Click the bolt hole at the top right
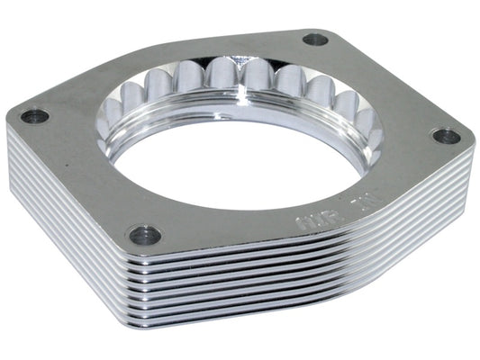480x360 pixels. click(315, 40)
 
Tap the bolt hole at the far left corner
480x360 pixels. click(35, 116)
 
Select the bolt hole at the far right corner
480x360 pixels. click(446, 136)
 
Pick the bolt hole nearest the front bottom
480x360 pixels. click(144, 236)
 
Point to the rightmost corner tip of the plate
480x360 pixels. click(472, 144)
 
